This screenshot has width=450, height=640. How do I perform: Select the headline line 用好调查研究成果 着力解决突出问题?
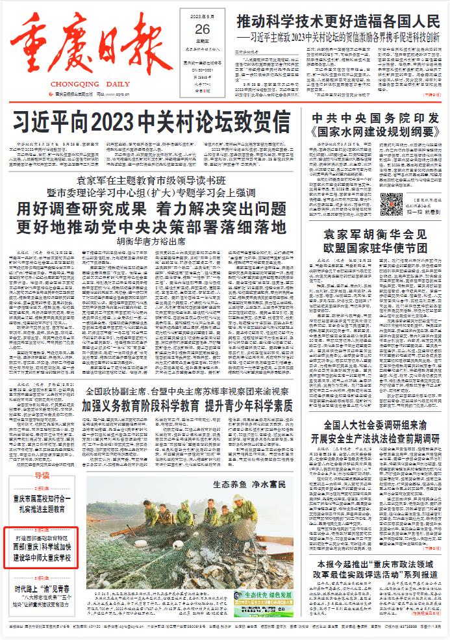coord(151,209)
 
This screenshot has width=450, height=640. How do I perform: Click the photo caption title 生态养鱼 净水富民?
coord(249,485)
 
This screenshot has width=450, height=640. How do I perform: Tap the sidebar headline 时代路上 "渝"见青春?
coord(42,589)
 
